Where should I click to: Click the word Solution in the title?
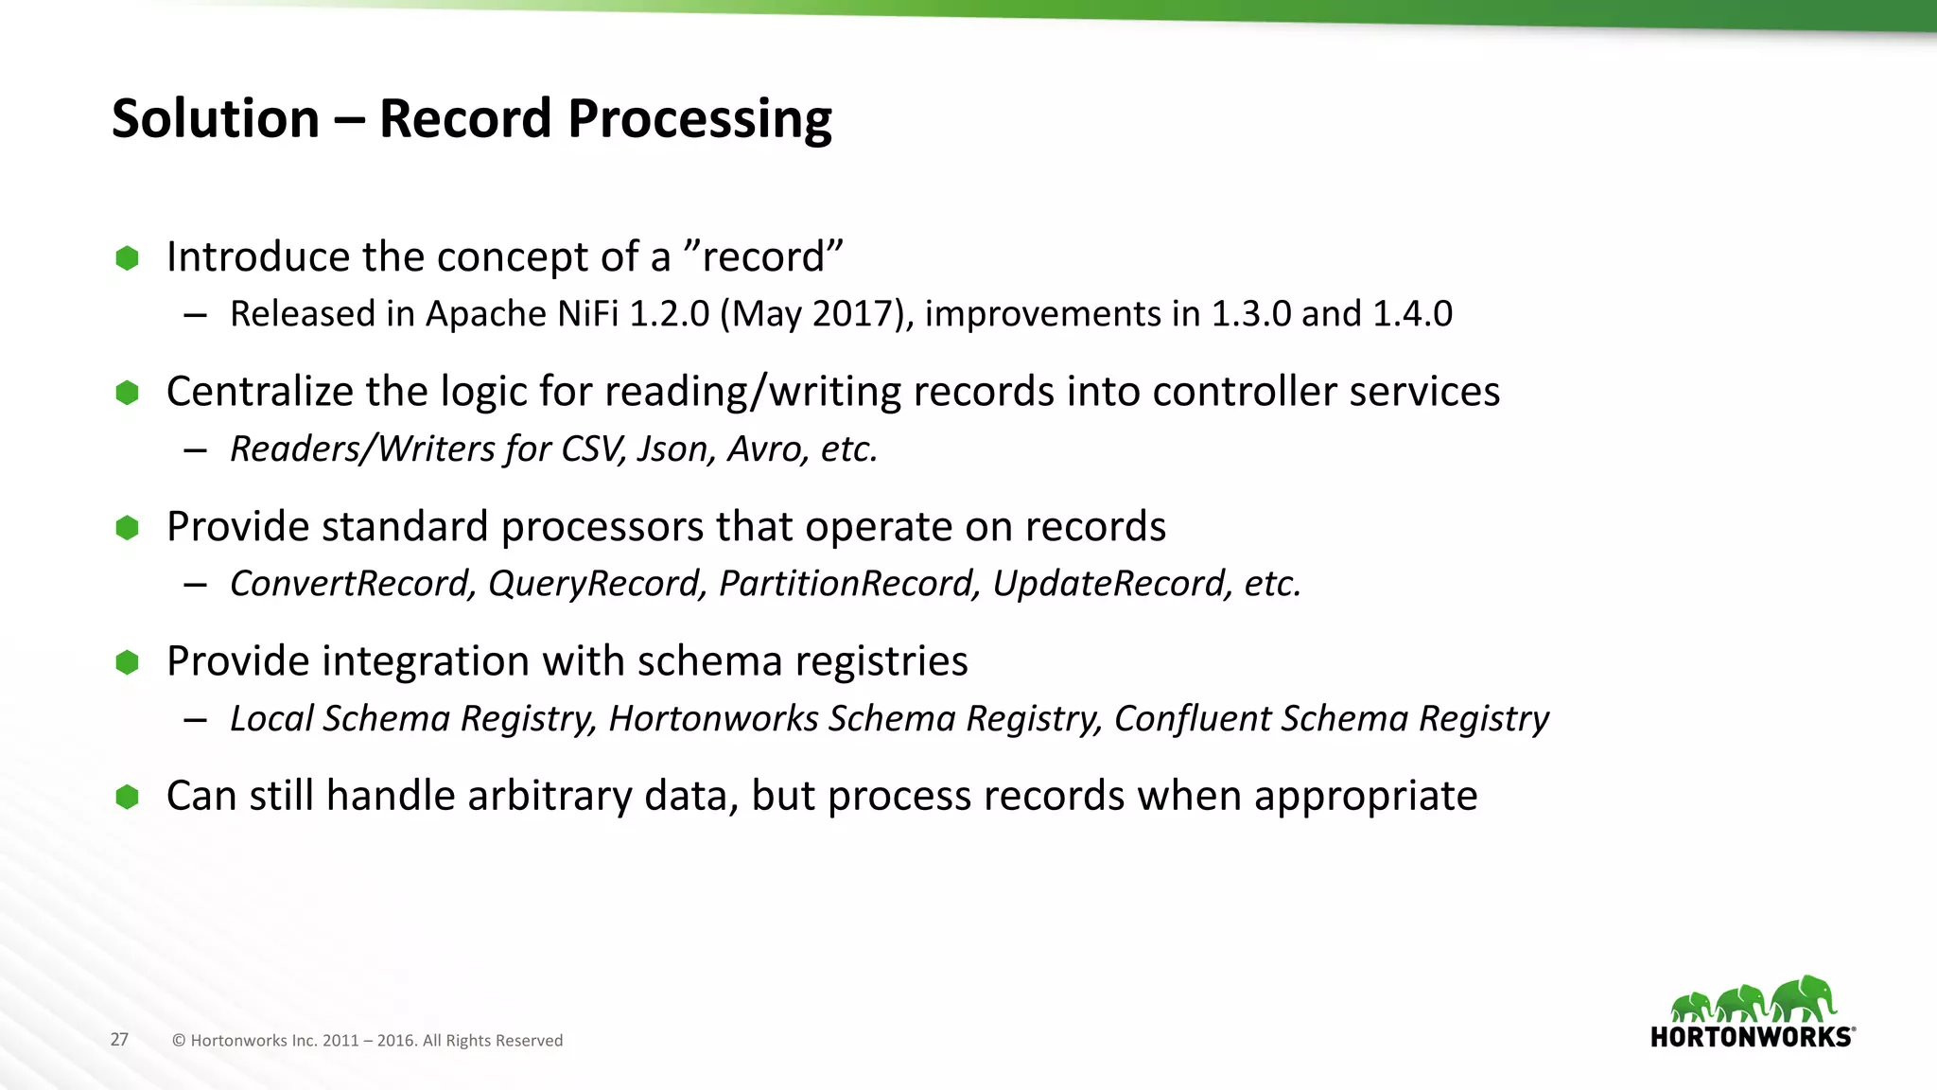click(x=216, y=119)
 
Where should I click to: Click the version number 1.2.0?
click(x=669, y=314)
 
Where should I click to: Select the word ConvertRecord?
click(x=351, y=584)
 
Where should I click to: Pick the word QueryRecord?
click(x=597, y=584)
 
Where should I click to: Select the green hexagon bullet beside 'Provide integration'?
click(x=127, y=662)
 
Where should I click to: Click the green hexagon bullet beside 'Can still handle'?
click(x=127, y=797)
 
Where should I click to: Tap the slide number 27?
click(x=119, y=1040)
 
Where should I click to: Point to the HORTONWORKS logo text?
click(x=1752, y=1037)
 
